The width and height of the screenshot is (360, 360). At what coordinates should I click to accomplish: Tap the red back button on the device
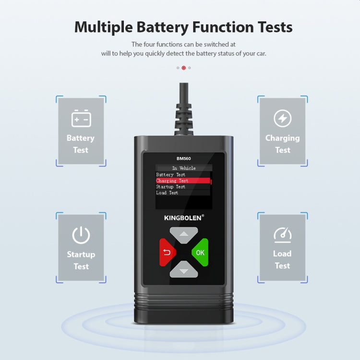pos(167,252)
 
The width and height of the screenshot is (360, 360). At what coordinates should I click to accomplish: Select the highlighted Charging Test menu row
pos(183,181)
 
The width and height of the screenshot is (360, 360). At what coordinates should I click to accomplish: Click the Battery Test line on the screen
pos(171,175)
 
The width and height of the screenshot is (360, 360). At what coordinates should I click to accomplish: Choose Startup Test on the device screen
pos(171,187)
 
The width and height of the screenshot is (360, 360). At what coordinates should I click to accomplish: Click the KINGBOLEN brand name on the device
pos(184,217)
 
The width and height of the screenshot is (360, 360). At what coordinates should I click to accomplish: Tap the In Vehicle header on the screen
pos(184,168)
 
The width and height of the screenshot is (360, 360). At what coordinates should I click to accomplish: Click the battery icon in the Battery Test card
pos(81,118)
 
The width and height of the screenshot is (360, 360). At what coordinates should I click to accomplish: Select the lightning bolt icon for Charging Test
pos(282,118)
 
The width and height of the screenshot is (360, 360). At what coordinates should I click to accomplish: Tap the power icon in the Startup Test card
pos(81,235)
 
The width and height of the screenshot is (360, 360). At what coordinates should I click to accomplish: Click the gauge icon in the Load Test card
pos(282,234)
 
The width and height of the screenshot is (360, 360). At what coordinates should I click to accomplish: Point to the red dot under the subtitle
pos(183,68)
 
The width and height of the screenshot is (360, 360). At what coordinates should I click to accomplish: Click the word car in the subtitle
pos(260,53)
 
